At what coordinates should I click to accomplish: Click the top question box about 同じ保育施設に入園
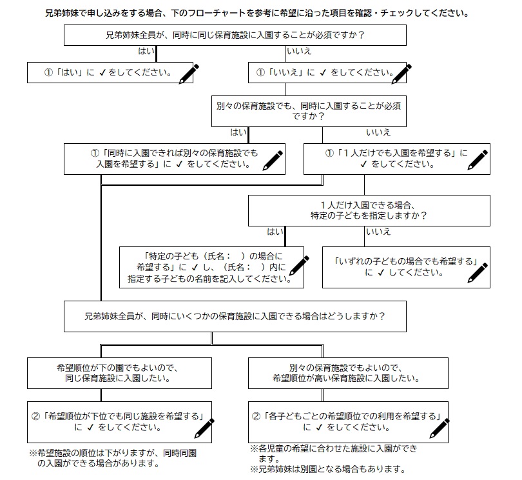pos(235,35)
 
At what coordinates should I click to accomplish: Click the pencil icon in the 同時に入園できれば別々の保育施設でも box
pos(274,159)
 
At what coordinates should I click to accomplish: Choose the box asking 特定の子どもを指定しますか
pos(369,210)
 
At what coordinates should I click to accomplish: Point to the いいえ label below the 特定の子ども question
pos(378,232)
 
